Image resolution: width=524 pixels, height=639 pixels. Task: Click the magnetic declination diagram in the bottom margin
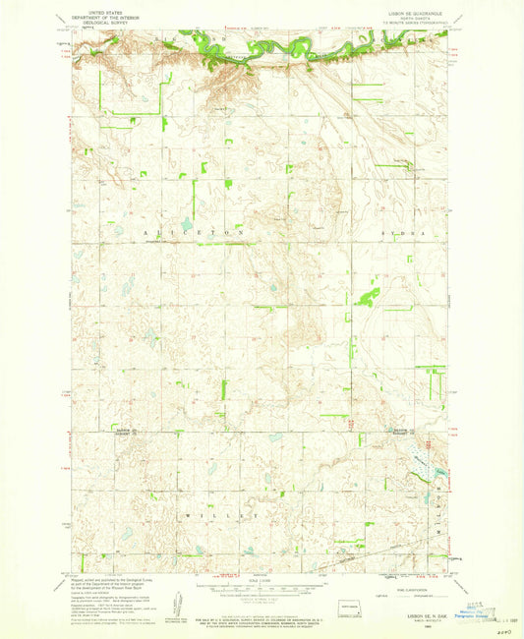177,601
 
